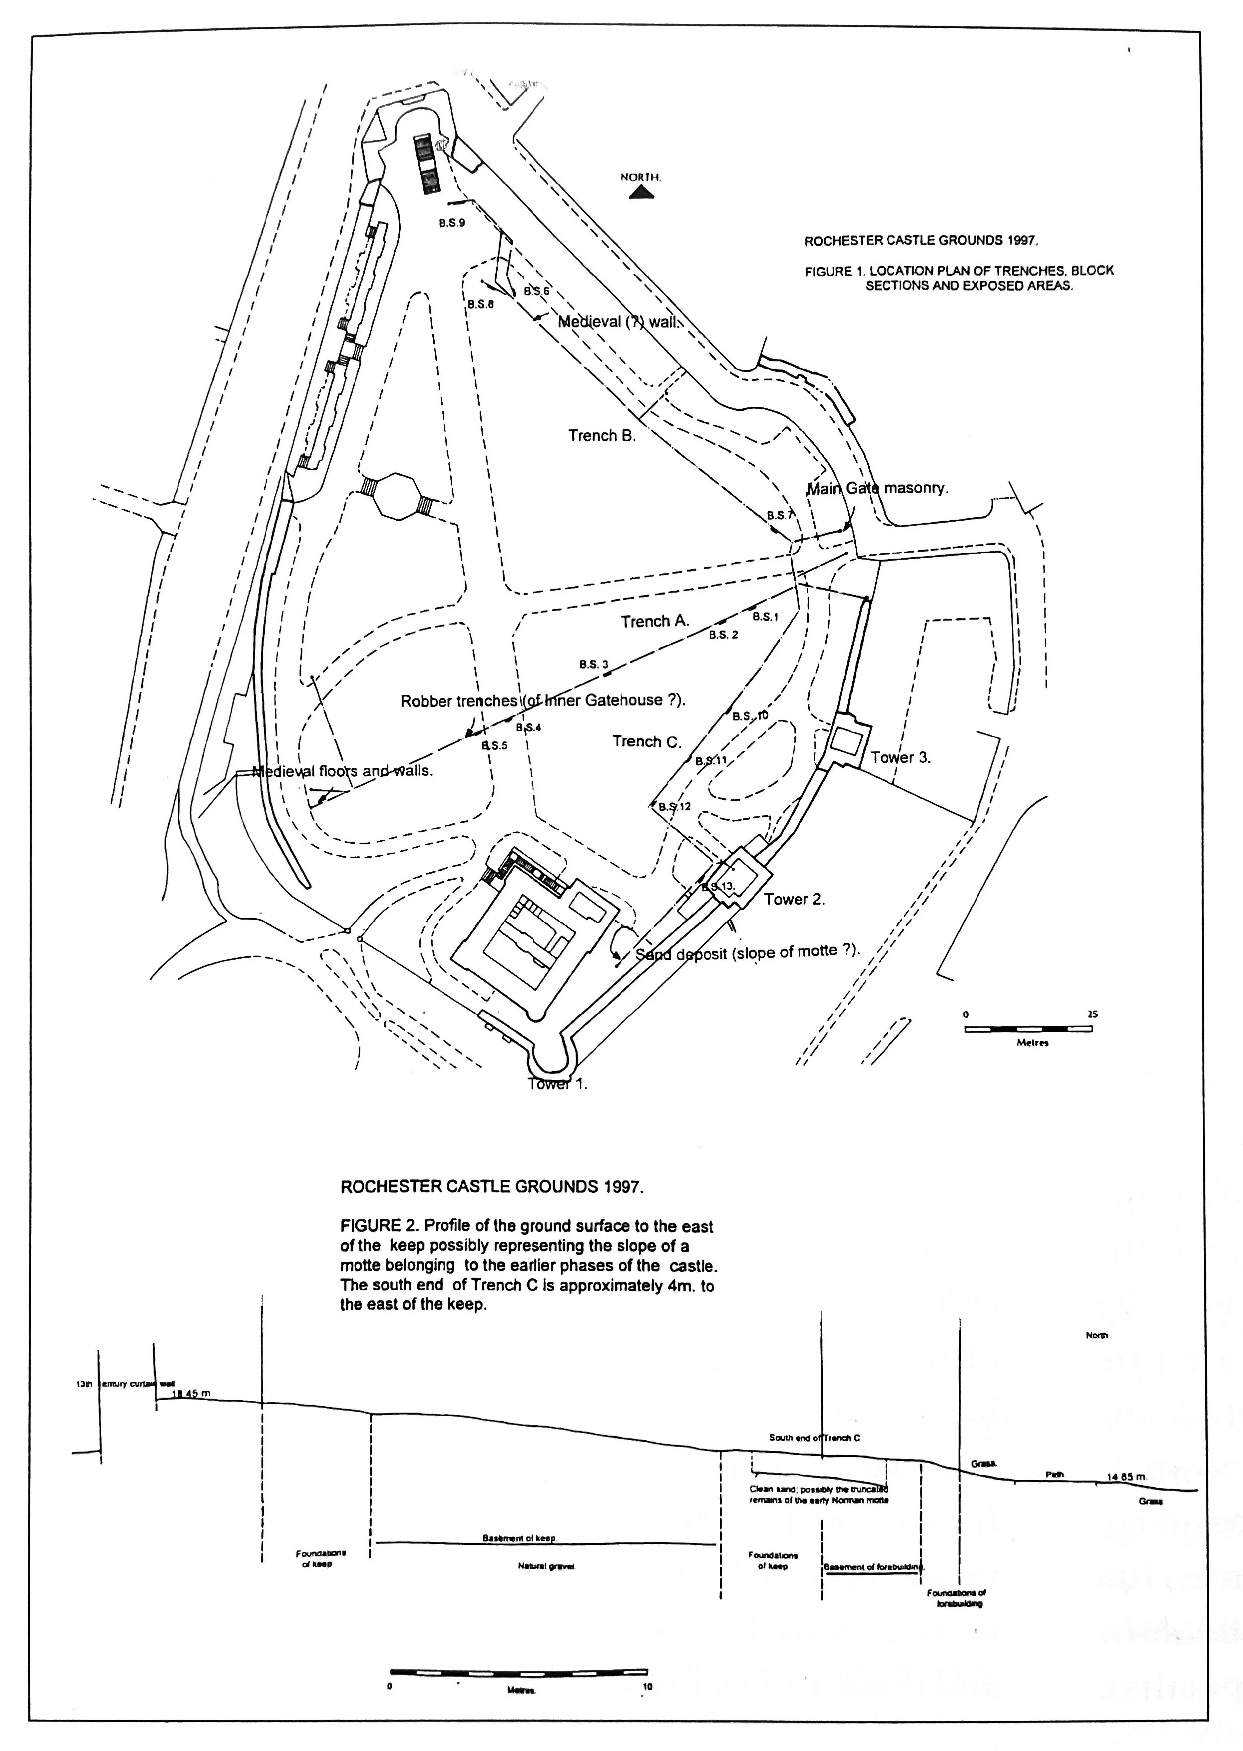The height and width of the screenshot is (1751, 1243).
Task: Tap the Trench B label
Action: coord(602,436)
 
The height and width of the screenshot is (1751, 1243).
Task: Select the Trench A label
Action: coord(655,621)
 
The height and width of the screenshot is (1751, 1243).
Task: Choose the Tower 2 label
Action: coord(795,899)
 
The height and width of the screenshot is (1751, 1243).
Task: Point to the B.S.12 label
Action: coord(674,806)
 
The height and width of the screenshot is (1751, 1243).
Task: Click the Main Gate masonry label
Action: coord(877,488)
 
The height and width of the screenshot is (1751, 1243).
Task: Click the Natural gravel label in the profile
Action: coord(546,1567)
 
